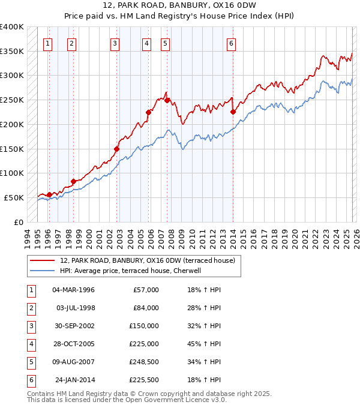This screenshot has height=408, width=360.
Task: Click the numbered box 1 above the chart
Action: point(47,43)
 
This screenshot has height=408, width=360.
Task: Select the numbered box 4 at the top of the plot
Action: point(146,43)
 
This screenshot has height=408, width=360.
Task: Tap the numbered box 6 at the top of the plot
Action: point(231,43)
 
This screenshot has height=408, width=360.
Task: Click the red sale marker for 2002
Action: point(117,149)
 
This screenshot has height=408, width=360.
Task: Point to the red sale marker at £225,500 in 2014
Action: point(233,112)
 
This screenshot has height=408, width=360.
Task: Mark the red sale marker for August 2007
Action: point(167,100)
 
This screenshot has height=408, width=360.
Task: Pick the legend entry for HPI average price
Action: point(134,271)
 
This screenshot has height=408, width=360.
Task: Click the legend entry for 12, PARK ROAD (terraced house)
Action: point(151,260)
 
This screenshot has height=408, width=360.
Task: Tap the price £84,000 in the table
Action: point(144,308)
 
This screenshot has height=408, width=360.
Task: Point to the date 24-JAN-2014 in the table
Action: point(74,380)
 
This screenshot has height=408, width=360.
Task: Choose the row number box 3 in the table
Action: point(31,326)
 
